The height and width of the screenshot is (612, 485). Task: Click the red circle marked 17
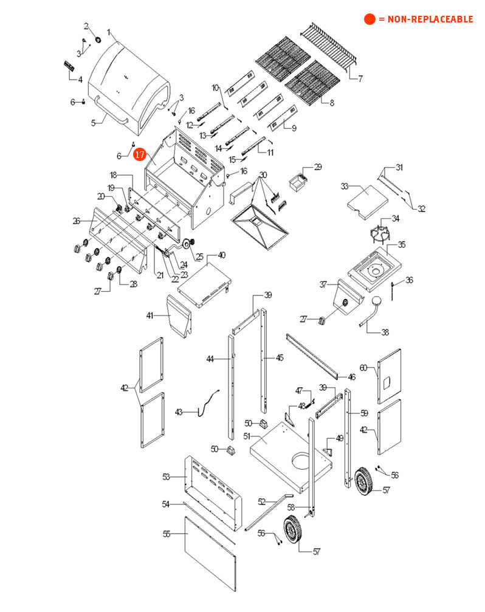click(140, 154)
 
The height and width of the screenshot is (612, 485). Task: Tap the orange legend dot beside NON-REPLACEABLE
click(370, 19)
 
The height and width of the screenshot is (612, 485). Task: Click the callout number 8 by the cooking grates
click(331, 103)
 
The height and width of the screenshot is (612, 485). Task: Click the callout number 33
click(344, 186)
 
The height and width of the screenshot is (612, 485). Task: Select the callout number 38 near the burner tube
click(385, 332)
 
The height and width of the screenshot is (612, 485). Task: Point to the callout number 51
click(247, 436)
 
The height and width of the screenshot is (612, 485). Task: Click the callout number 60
click(363, 368)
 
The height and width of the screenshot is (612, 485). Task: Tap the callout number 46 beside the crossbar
click(351, 377)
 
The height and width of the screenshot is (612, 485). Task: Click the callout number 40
click(221, 255)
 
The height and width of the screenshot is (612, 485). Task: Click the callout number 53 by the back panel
click(166, 477)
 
